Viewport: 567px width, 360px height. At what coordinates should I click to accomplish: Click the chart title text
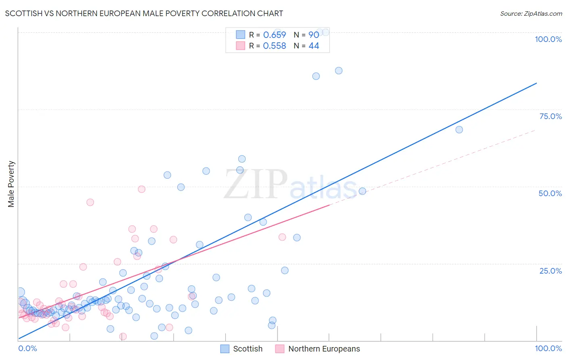tap(144, 13)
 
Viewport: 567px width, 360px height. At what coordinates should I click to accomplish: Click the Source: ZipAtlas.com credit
tap(531, 13)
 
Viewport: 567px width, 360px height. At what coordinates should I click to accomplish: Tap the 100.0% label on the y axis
tap(548, 39)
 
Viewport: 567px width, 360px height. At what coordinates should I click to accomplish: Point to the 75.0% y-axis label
tap(550, 116)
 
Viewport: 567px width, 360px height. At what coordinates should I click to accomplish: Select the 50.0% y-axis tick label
tap(550, 193)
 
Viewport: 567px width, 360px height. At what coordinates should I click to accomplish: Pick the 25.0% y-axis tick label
tap(550, 271)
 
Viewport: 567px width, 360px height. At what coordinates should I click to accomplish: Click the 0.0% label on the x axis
tap(27, 348)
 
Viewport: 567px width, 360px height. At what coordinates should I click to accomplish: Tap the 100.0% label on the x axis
tap(548, 348)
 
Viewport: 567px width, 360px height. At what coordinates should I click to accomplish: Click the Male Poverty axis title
tap(11, 184)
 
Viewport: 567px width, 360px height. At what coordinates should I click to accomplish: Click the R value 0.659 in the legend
tap(274, 35)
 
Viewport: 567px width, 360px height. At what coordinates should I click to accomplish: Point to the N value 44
tap(314, 46)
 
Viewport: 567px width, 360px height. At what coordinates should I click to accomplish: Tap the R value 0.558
tap(274, 46)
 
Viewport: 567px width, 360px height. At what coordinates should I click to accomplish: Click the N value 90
tap(314, 35)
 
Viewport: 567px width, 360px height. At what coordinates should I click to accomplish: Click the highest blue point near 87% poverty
tap(339, 71)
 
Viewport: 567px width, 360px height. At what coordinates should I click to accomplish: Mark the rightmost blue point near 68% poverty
tap(459, 130)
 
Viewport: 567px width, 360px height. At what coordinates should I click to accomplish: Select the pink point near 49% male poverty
tap(142, 189)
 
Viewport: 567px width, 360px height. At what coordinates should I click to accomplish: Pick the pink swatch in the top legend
tap(240, 46)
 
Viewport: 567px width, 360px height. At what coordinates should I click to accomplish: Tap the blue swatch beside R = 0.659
tap(240, 35)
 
